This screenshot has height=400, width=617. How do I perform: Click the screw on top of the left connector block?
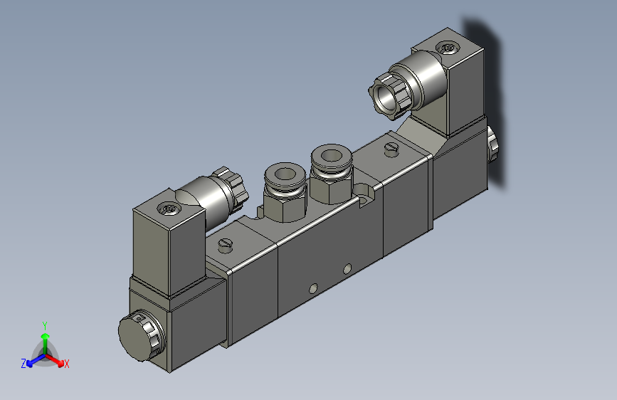[169, 209]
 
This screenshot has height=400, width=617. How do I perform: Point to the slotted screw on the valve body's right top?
[391, 148]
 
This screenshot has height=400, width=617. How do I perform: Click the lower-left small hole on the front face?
[312, 289]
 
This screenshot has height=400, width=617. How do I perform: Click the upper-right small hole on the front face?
[347, 268]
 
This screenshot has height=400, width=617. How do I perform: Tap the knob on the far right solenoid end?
[492, 146]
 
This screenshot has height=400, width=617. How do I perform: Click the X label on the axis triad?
[67, 364]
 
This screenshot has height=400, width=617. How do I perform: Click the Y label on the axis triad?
[45, 325]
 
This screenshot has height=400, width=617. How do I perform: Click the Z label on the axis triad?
[23, 364]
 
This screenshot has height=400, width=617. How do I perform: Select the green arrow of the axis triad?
[45, 338]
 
